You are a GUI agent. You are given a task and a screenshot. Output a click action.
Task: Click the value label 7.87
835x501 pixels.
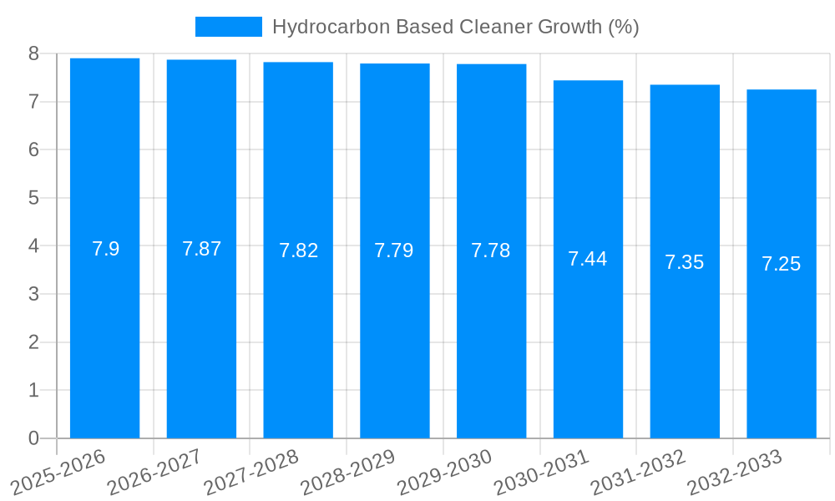coord(201,249)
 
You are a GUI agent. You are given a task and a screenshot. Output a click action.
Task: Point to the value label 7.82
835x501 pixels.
coord(298,250)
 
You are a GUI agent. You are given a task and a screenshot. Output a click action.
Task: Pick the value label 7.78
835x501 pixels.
coord(490,250)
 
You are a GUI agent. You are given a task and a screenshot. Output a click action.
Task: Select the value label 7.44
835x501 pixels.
coord(587,259)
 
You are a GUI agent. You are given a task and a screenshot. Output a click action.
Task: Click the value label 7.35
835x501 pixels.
coord(684,262)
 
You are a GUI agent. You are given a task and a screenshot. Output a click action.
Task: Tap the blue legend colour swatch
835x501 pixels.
coord(228,27)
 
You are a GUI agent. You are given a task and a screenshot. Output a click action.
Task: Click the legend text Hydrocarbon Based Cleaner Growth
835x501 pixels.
coord(455,27)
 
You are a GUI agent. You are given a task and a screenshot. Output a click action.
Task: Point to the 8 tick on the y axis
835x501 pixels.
coord(33,53)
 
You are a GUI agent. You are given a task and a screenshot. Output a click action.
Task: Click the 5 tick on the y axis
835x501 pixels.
coord(33,198)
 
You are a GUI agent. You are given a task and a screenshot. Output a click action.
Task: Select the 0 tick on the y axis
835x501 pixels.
coord(33,438)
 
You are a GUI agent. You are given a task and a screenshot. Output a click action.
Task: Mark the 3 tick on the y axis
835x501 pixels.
coord(33,294)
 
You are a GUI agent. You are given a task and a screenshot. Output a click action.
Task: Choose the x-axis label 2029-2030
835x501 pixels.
coord(443,472)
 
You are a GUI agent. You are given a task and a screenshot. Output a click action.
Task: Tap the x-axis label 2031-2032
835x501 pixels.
coord(637,472)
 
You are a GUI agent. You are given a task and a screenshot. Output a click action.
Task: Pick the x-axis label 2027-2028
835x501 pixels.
coord(250,472)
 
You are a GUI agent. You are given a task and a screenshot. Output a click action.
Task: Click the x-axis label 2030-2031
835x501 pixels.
coord(540,472)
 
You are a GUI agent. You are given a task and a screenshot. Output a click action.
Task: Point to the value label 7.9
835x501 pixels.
coord(105,249)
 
